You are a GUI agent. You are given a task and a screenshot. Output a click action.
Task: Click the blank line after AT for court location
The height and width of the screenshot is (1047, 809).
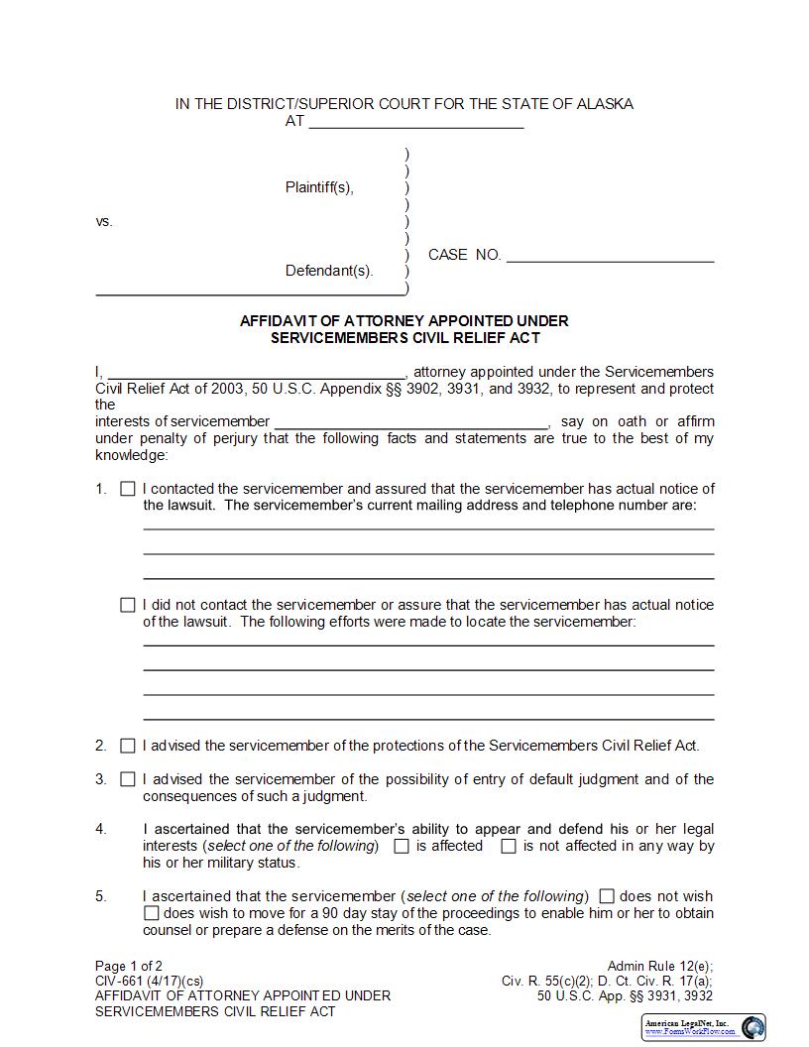[416, 123]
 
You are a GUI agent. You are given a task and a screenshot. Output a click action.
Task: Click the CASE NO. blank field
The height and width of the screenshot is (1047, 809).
[610, 256]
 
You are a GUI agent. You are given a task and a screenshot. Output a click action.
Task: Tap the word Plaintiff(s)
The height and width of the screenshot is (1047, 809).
[319, 187]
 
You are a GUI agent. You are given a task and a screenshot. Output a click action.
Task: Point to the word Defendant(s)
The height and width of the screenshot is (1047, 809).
[329, 271]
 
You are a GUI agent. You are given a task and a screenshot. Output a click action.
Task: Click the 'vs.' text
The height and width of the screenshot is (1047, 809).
[104, 221]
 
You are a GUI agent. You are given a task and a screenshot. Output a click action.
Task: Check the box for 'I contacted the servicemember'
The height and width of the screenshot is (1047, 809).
[128, 489]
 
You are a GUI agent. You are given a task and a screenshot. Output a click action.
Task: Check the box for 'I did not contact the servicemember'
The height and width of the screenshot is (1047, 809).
[128, 605]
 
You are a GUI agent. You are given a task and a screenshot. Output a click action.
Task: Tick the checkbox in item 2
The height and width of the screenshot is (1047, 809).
[128, 746]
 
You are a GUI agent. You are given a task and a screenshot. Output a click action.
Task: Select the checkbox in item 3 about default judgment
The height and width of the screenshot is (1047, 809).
[128, 779]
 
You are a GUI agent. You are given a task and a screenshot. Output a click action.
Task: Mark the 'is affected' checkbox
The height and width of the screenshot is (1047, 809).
[402, 847]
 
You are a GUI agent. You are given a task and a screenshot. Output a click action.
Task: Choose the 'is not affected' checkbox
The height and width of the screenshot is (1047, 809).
[509, 847]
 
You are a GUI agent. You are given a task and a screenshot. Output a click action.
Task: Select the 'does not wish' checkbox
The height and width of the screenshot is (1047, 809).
[608, 896]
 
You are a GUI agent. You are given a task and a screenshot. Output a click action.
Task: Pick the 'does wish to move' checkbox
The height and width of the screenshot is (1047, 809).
[152, 913]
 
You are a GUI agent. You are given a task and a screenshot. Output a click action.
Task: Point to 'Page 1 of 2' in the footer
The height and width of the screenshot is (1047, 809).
[129, 966]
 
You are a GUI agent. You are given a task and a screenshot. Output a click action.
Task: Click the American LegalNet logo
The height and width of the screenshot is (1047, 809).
[704, 1026]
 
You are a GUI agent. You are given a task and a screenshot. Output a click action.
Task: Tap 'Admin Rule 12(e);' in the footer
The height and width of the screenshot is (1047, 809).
[659, 966]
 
